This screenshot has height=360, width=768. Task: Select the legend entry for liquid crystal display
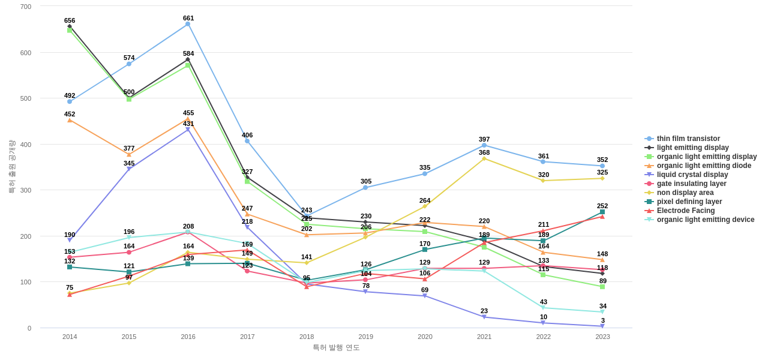[692, 175]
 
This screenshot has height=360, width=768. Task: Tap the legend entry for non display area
[685, 193]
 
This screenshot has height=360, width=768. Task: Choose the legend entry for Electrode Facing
[686, 211]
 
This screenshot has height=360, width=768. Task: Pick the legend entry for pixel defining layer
[689, 202]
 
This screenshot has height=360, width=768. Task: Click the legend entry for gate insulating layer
[691, 184]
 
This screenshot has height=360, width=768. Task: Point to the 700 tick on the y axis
[26, 7]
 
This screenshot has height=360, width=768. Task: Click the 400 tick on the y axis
[26, 145]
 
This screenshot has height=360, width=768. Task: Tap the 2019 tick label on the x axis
[366, 337]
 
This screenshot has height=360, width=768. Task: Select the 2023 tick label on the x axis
[602, 337]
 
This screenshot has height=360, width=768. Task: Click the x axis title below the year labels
[336, 347]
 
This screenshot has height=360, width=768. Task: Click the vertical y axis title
[11, 167]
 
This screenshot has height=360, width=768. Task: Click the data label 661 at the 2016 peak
[188, 18]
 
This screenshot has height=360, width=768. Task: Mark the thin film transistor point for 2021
[484, 145]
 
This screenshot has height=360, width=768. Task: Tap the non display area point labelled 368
[484, 158]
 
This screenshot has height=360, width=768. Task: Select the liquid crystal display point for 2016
[188, 130]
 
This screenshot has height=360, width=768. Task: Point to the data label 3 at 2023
[603, 320]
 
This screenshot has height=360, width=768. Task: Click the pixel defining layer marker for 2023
[602, 212]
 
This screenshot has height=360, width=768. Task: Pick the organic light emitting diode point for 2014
[70, 120]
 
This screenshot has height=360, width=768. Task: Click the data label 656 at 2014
[70, 20]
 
